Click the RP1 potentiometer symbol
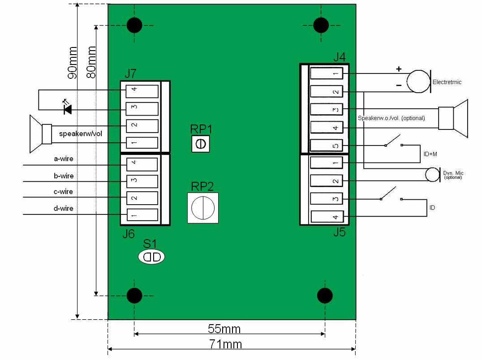tap(201, 144)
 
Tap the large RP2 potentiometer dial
tap(203, 208)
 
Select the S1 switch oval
tap(151, 257)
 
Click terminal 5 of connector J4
tap(326, 146)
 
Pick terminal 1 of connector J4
tap(326, 73)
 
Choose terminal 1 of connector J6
tap(142, 215)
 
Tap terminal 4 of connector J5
tap(327, 217)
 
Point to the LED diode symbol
tap(67, 109)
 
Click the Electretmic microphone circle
tap(417, 81)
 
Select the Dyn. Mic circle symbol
tap(432, 175)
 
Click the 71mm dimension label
tap(225, 344)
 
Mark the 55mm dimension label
tap(224, 329)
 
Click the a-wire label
tap(63, 159)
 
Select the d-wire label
tap(63, 208)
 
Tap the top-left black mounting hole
tap(134, 25)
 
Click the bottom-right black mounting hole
tap(325, 296)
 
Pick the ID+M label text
tap(430, 154)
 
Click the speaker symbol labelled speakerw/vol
tap(41, 134)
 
